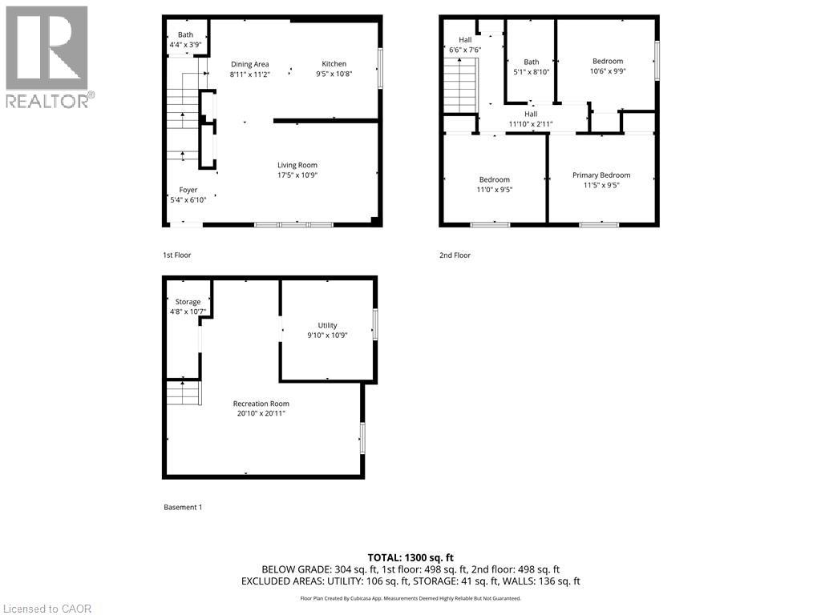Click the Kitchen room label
tap(334, 64)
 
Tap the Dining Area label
tap(249, 64)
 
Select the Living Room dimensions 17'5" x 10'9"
tap(297, 175)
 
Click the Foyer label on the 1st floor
tap(188, 190)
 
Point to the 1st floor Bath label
tap(185, 34)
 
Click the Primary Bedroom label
tap(601, 175)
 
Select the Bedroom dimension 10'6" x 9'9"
tap(608, 70)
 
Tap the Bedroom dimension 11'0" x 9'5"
tap(495, 190)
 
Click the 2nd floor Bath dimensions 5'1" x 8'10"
tap(532, 71)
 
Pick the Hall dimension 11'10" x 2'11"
tap(531, 123)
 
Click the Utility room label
tap(327, 325)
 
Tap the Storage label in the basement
tap(188, 302)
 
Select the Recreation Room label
tap(261, 404)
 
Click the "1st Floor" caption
tap(177, 255)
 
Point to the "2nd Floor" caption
tap(455, 255)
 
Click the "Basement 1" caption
tap(183, 507)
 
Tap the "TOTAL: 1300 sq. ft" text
tap(410, 557)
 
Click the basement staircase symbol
tap(183, 392)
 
